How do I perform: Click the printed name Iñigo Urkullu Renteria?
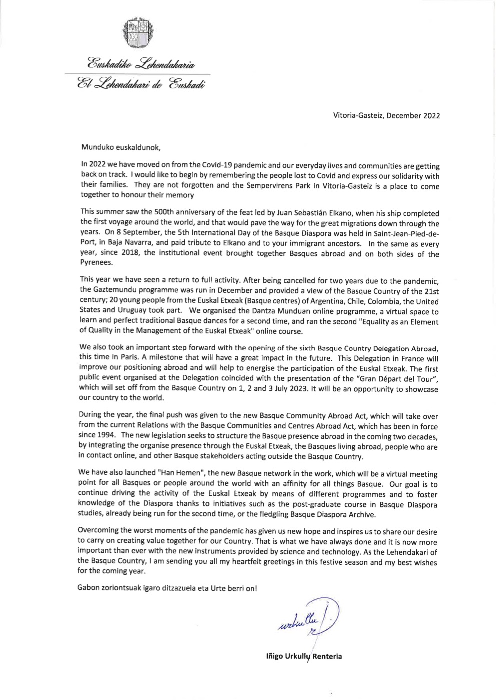304,656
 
